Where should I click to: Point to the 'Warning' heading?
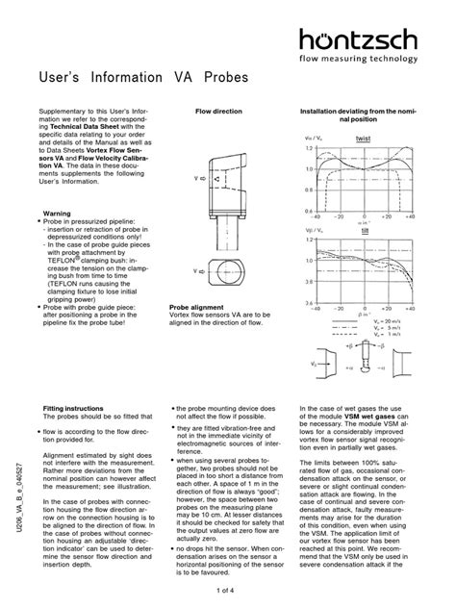pyautogui.click(x=60, y=213)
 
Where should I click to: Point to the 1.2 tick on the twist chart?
pyautogui.click(x=309, y=149)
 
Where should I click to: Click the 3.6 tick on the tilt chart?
pyautogui.click(x=309, y=282)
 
